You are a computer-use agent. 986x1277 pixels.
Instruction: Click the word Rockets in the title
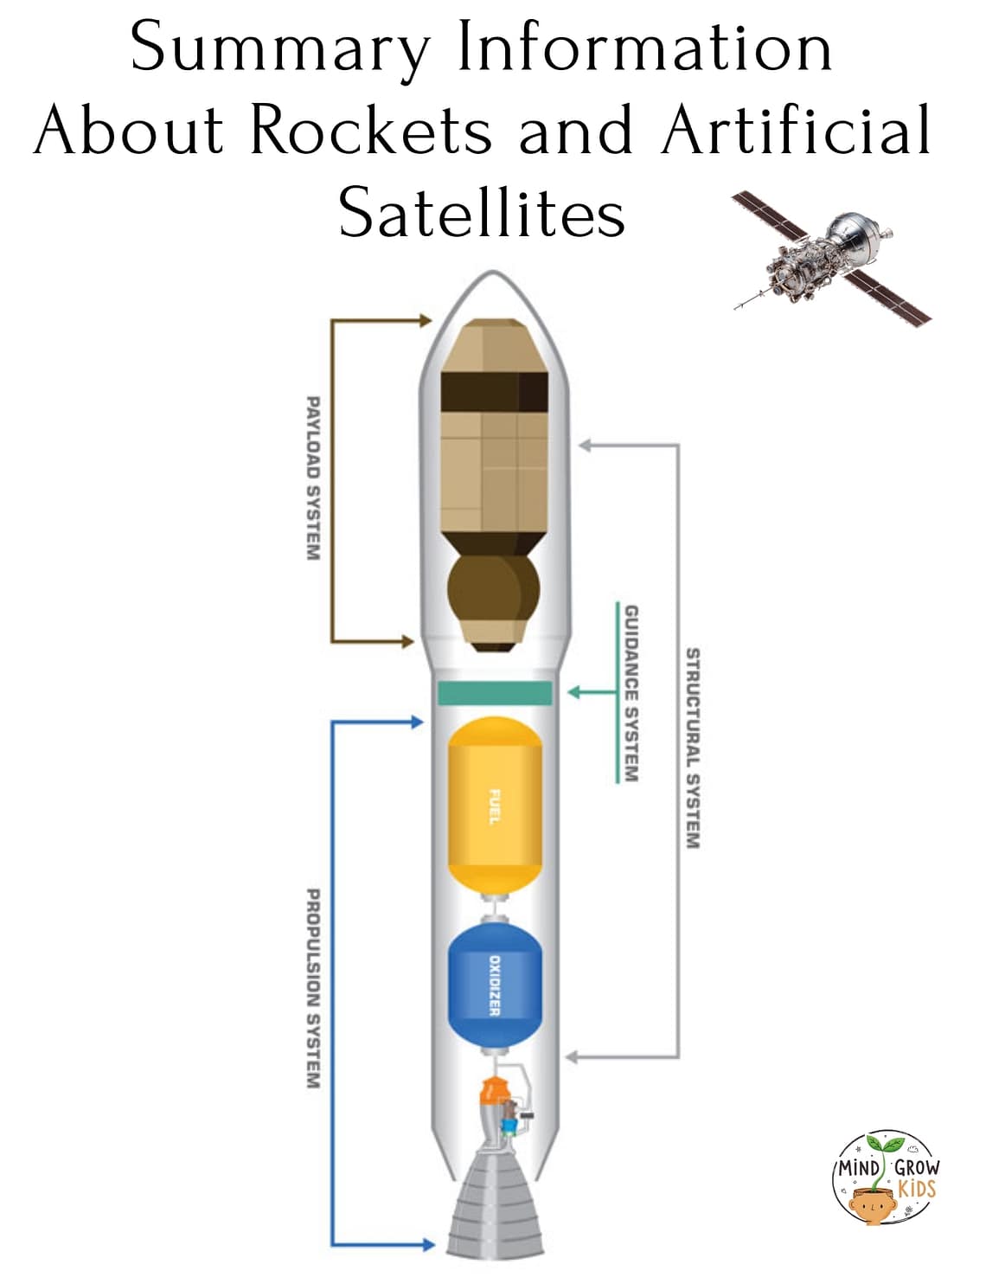371,130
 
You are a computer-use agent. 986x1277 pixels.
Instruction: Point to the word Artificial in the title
796,130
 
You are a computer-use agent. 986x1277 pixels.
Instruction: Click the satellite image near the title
831,256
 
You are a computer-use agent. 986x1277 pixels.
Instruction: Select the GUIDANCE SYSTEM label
631,693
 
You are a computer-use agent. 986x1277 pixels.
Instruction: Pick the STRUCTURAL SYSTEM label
692,748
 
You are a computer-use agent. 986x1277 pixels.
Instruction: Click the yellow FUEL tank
494,805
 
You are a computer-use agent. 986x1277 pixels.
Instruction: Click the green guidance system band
494,692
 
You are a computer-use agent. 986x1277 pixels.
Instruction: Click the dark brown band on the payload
494,392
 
